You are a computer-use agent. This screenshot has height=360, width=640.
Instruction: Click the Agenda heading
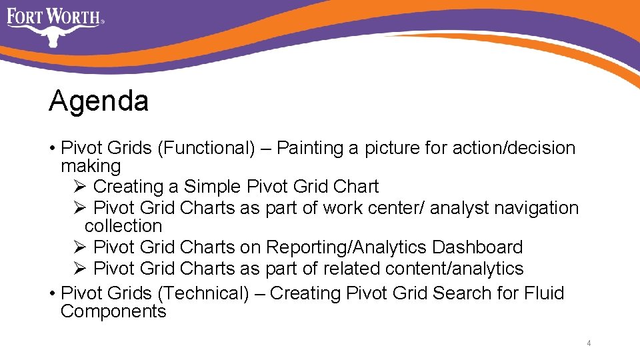coord(99,102)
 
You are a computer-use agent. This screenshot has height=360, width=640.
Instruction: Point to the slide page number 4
coord(589,343)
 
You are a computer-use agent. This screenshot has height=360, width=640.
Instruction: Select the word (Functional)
coord(206,148)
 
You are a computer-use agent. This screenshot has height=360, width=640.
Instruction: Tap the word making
coord(91,166)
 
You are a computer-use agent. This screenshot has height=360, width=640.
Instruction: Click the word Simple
coord(213,187)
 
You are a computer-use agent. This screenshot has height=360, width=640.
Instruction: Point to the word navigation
coord(537,208)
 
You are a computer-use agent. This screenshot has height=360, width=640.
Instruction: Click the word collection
coord(123,226)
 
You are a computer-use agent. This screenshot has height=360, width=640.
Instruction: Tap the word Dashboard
coord(477,247)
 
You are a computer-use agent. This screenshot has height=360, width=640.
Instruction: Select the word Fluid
coord(545,293)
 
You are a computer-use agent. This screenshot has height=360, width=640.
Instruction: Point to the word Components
coord(113,311)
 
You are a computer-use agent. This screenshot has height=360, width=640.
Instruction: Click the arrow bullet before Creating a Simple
coord(78,187)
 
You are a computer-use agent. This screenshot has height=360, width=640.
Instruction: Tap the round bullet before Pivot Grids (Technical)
coord(52,294)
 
